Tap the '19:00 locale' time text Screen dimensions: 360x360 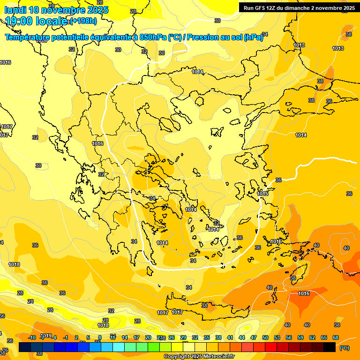click(x=36, y=21)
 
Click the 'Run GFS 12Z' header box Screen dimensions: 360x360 click(x=297, y=8)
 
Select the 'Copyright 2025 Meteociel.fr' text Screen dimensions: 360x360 click(x=198, y=357)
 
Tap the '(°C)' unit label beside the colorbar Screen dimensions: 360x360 click(x=344, y=348)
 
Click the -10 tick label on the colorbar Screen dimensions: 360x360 click(x=32, y=337)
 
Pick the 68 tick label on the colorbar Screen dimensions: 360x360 click(x=336, y=337)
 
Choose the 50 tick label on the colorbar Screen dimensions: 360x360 click(x=265, y=337)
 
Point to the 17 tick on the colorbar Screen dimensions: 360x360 click(x=136, y=337)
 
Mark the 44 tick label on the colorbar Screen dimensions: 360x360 click(x=242, y=337)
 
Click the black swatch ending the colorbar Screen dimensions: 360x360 click(x=330, y=347)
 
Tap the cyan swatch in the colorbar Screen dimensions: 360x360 click(x=119, y=347)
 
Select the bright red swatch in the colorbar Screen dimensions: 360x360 click(x=271, y=347)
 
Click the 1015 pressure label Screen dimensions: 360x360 click(x=262, y=194)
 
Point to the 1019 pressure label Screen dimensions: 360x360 click(x=46, y=336)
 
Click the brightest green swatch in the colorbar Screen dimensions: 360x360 click(x=154, y=347)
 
